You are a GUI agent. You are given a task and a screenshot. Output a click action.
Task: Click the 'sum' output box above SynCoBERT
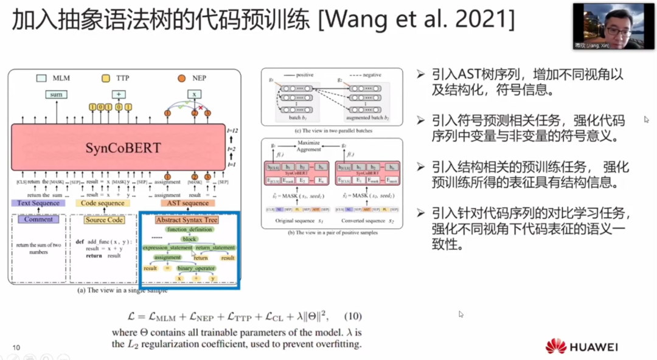(x=57, y=95)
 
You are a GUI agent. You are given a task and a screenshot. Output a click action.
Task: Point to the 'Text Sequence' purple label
(x=39, y=203)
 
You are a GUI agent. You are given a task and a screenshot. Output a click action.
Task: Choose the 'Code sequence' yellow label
(x=103, y=203)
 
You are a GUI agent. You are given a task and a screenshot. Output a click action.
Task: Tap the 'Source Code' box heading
(x=105, y=220)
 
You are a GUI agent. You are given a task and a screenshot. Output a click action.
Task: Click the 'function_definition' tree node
(x=189, y=230)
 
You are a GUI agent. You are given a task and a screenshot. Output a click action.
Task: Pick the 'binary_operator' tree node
(x=196, y=268)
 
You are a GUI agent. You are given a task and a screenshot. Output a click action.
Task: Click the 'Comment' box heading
(x=39, y=220)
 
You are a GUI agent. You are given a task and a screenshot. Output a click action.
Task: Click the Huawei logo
(x=555, y=346)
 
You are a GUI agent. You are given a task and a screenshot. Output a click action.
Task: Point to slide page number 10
(x=16, y=348)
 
